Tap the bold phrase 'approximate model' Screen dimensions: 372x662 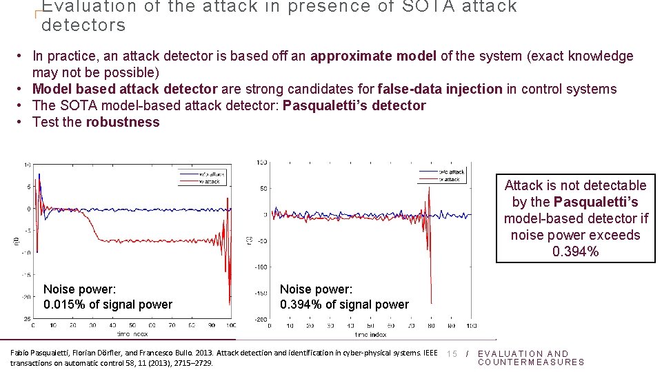373,56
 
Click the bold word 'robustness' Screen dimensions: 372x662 123,122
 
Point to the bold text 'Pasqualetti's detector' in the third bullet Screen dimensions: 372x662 354,105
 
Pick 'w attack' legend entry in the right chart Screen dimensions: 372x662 449,179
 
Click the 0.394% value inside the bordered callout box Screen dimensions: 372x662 576,251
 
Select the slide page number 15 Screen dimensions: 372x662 452,354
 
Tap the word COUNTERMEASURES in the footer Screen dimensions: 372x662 531,362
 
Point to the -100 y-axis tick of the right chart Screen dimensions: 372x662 261,267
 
